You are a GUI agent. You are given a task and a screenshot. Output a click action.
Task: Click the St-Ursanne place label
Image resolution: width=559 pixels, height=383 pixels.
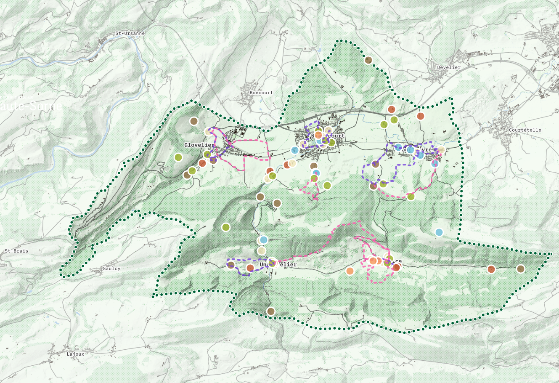pyautogui.click(x=130, y=34)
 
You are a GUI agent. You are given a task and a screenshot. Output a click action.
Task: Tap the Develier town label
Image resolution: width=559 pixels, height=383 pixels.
pyautogui.click(x=449, y=67)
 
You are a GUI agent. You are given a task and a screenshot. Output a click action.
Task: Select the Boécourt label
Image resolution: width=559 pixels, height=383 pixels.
pyautogui.click(x=261, y=93)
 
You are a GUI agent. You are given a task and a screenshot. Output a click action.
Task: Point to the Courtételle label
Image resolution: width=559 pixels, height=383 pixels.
pyautogui.click(x=525, y=130)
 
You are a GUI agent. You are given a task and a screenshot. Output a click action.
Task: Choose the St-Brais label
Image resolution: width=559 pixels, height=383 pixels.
pyautogui.click(x=16, y=251)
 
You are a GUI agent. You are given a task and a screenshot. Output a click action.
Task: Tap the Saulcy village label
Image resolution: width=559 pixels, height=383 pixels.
pyautogui.click(x=111, y=269)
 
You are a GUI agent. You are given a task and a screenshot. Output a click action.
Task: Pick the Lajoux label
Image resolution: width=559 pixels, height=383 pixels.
pyautogui.click(x=75, y=354)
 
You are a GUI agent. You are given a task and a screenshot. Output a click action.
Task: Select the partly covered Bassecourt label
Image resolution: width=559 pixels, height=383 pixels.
pyautogui.click(x=334, y=136)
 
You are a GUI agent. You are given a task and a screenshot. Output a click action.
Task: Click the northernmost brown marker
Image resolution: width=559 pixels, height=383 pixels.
pyautogui.click(x=368, y=60)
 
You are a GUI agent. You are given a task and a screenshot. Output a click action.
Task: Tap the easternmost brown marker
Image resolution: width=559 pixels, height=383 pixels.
pyautogui.click(x=521, y=269)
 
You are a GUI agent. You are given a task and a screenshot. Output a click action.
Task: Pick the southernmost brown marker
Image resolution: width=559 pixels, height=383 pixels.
pyautogui.click(x=271, y=311)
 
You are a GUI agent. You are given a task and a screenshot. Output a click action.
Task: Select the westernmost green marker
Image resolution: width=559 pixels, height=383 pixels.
pyautogui.click(x=178, y=157)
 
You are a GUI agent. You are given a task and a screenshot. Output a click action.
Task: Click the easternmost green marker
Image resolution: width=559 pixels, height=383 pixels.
pyautogui.click(x=411, y=196)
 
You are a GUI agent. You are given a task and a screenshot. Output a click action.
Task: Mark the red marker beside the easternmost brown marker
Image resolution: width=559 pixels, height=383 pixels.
pyautogui.click(x=491, y=269)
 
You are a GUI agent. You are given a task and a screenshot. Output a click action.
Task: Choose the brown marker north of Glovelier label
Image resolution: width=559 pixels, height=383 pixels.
pyautogui.click(x=193, y=121)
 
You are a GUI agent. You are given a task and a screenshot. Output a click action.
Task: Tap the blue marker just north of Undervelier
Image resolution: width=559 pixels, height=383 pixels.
pyautogui.click(x=264, y=240)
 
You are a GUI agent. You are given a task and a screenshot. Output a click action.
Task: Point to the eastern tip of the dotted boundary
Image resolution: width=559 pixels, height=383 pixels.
pyautogui.click(x=550, y=254)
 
